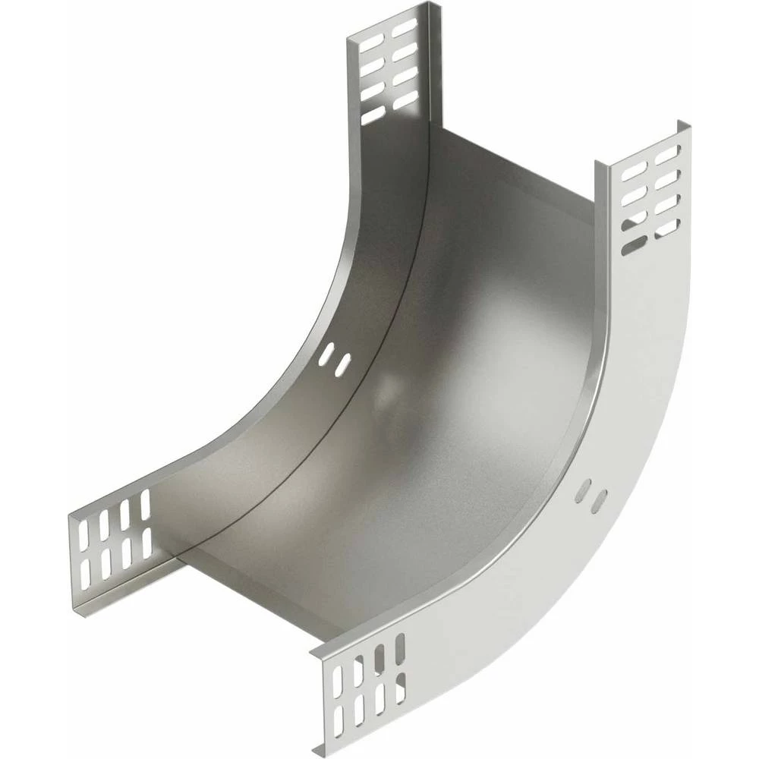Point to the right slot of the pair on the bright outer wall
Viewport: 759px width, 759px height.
click(x=600, y=499)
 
